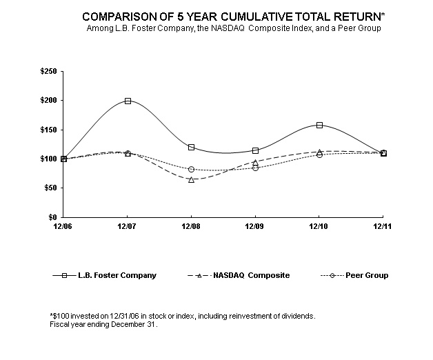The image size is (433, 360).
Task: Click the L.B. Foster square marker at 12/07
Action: tap(128, 101)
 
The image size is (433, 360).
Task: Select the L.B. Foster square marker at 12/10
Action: tap(319, 125)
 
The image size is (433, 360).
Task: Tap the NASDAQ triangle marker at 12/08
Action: tap(191, 179)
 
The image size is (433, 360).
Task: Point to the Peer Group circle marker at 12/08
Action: tap(191, 169)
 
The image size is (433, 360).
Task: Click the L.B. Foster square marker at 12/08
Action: tap(191, 147)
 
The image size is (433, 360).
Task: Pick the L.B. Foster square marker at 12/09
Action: tap(255, 150)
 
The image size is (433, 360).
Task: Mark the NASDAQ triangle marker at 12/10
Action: tap(319, 152)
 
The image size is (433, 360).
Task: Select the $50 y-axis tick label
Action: tap(50, 188)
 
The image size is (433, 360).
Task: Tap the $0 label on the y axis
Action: tap(52, 217)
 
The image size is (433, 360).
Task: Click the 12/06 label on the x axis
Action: tap(63, 226)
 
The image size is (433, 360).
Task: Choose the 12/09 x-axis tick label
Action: tap(255, 226)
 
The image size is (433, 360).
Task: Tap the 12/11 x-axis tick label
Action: tap(383, 226)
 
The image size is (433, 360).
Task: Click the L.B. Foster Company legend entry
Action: tap(104, 275)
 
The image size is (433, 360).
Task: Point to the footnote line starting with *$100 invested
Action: tap(183, 316)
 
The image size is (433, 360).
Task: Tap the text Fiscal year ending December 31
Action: tap(104, 324)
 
